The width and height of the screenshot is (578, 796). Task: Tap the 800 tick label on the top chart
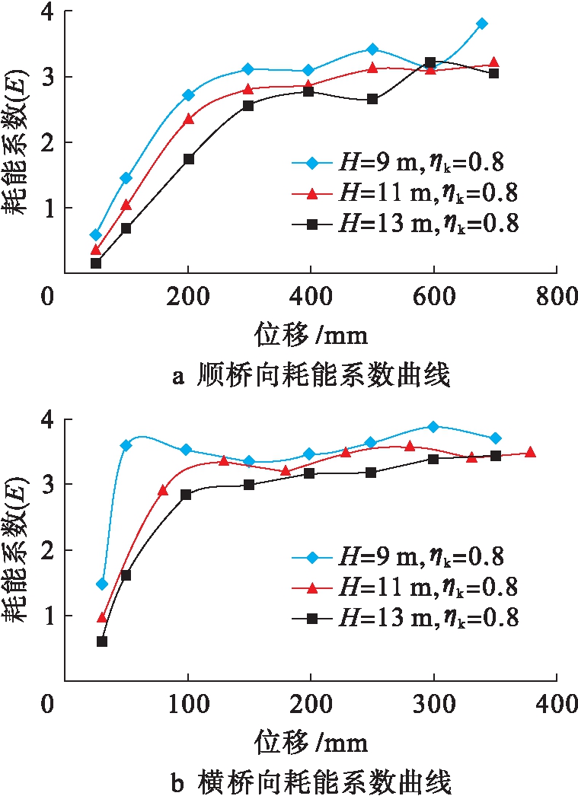click(x=557, y=296)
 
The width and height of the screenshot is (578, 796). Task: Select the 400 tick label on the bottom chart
click(x=557, y=705)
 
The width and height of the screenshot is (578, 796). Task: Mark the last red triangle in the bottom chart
click(x=530, y=452)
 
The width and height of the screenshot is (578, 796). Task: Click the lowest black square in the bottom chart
click(x=102, y=641)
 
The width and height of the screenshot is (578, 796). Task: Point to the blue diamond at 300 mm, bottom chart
click(x=433, y=427)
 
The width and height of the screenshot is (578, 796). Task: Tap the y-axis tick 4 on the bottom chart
click(x=54, y=419)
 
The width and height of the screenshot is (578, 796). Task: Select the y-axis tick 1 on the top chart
click(x=54, y=208)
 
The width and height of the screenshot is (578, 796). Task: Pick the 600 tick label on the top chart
click(x=432, y=296)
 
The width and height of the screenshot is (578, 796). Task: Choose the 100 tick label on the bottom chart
click(x=187, y=705)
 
